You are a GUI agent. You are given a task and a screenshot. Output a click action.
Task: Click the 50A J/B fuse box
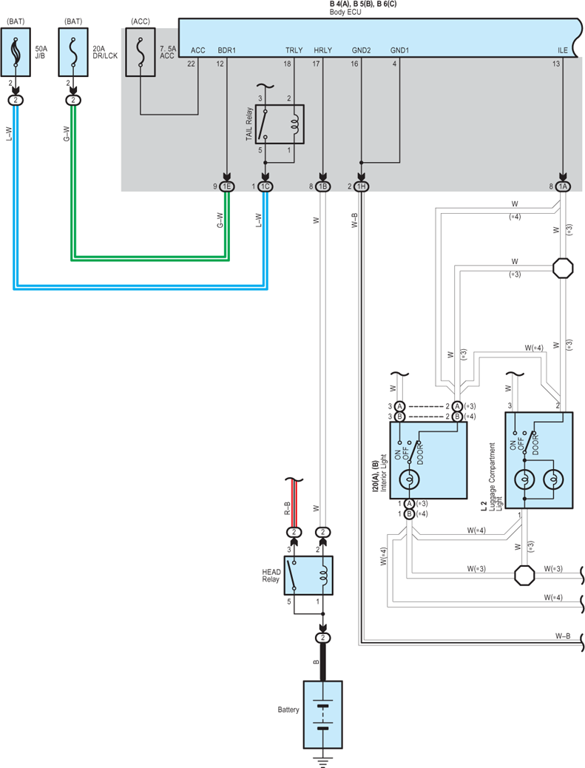[x=16, y=52]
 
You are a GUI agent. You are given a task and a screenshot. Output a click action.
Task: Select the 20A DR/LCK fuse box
[x=73, y=52]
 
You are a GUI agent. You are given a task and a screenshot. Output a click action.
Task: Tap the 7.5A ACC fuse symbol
[x=141, y=52]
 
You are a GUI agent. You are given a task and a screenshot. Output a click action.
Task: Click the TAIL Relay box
[x=280, y=124]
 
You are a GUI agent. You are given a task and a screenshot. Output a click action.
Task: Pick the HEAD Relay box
[x=308, y=576]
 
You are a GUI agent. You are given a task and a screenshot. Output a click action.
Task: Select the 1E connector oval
[x=226, y=186]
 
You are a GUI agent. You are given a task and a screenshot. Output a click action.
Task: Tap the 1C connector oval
[x=265, y=186]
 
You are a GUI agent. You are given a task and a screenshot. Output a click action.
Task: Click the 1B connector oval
[x=322, y=186]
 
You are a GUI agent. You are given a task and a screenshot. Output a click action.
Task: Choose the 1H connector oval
[x=362, y=186]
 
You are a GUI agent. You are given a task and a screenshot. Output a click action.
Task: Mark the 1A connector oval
[x=563, y=186]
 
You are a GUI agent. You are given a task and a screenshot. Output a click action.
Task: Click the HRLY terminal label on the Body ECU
[x=322, y=50]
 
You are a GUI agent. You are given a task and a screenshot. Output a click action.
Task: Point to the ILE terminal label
[x=563, y=50]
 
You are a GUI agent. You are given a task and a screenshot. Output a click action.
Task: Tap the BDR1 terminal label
[x=226, y=50]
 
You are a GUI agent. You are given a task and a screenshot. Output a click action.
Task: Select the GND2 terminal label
[x=362, y=50]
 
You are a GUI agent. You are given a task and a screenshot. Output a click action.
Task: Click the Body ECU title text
[x=345, y=12]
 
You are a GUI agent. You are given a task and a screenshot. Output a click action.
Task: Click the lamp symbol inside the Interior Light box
[x=409, y=479]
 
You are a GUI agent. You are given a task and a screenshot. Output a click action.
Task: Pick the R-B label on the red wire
[x=288, y=508]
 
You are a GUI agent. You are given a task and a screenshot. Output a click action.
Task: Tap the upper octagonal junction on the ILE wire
[x=563, y=268]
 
